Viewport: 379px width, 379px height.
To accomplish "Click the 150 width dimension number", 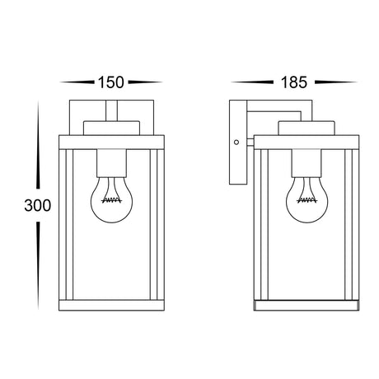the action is pos(111,82).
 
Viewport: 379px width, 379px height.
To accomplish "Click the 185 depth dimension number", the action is pos(294,82).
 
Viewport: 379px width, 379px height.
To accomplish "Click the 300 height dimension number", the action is pos(38,205).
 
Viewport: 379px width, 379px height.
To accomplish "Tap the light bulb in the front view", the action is pos(111,199).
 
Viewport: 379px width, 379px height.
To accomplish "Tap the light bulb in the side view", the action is pos(307,199).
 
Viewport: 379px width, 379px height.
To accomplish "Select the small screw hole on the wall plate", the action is pos(236,143).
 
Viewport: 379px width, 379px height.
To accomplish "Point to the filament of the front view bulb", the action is pos(111,200).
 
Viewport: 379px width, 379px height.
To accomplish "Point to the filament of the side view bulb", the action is pos(307,200).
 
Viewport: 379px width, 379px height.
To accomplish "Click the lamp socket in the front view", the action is pos(112,163).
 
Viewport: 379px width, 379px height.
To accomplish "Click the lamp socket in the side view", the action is pos(307,163).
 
